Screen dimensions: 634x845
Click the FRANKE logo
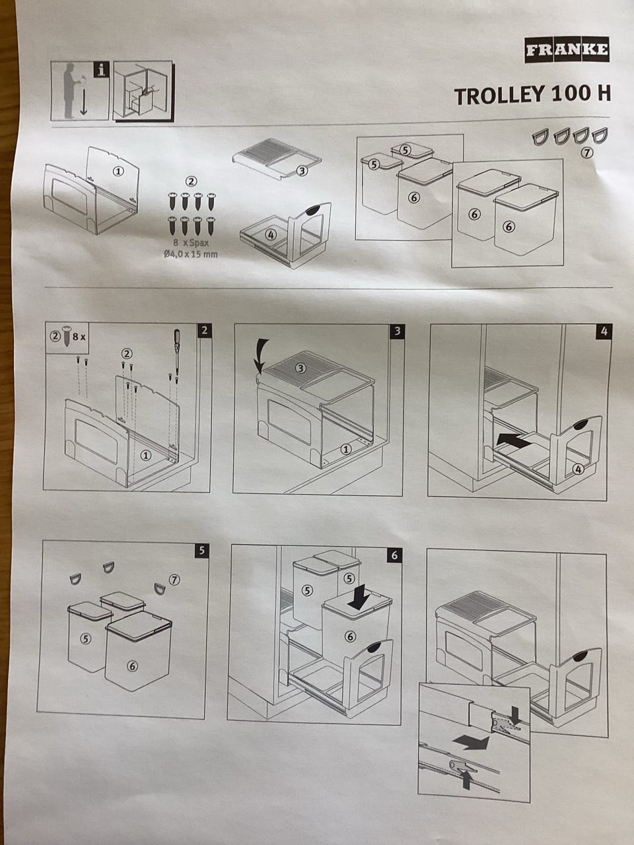pyautogui.click(x=567, y=50)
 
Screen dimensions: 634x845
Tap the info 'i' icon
pyautogui.click(x=101, y=70)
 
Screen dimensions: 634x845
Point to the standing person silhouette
pyautogui.click(x=70, y=91)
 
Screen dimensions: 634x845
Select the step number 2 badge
pyautogui.click(x=205, y=330)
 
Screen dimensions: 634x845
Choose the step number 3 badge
pyautogui.click(x=397, y=331)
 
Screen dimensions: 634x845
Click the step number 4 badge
pyautogui.click(x=604, y=331)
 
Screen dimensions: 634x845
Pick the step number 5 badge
pyautogui.click(x=201, y=551)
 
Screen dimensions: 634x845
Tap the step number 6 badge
pyautogui.click(x=394, y=555)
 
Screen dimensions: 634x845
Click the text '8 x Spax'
pyautogui.click(x=191, y=243)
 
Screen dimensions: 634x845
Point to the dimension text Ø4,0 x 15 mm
pyautogui.click(x=191, y=254)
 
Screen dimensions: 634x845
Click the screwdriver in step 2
pyautogui.click(x=177, y=351)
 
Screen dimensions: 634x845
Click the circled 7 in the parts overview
pyautogui.click(x=586, y=153)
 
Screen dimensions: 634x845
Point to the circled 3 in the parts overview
pyautogui.click(x=302, y=170)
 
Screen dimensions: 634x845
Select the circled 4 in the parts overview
pyautogui.click(x=271, y=234)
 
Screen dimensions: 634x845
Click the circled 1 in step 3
pyautogui.click(x=346, y=449)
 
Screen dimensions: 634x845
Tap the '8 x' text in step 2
pyautogui.click(x=79, y=337)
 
